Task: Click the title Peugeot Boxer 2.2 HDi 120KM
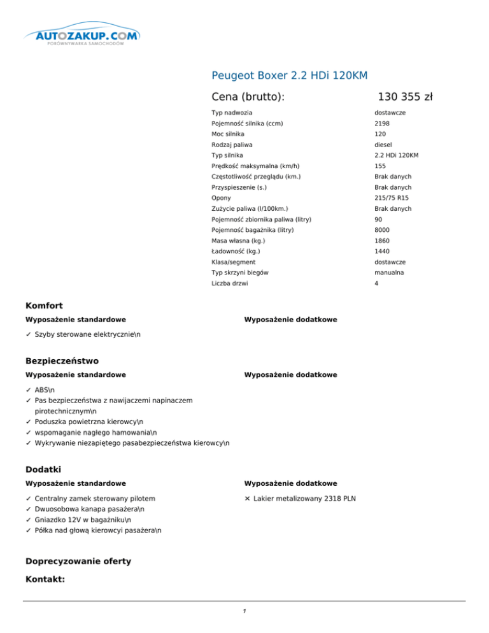[x=290, y=76]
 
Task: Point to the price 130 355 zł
[x=405, y=97]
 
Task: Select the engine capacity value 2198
[x=382, y=124]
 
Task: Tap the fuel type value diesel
[x=383, y=145]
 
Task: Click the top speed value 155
[x=380, y=166]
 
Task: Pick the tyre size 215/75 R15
[x=391, y=198]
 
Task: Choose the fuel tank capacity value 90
[x=378, y=219]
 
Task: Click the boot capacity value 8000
[x=382, y=230]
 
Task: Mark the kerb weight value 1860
[x=382, y=241]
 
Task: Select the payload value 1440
[x=382, y=252]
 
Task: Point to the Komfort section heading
[x=43, y=306]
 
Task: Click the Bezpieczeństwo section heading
[x=61, y=361]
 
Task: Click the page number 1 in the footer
[x=244, y=611]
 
